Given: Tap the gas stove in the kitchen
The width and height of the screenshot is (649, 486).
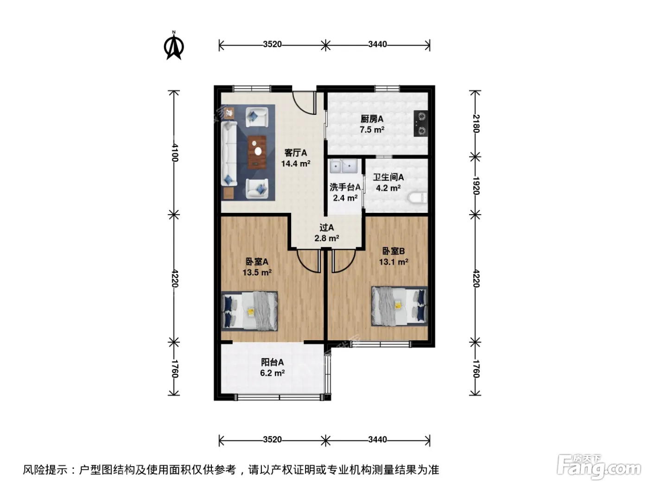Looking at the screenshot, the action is [x=421, y=123].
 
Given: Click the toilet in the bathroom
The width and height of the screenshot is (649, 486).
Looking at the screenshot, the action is [x=418, y=198].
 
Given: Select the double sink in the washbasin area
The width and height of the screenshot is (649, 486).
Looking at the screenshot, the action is [x=344, y=166].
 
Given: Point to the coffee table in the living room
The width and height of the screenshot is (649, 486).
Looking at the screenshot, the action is [x=257, y=152].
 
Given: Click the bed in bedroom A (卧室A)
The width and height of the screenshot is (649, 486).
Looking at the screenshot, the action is [x=249, y=311].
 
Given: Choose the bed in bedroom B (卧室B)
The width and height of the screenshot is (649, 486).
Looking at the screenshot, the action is [x=400, y=306].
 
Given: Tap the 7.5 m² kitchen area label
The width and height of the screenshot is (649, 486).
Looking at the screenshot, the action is [x=372, y=130].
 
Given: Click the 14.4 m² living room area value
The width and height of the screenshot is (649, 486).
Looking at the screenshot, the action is [x=296, y=163].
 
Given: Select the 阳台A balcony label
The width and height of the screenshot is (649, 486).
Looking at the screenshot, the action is [x=272, y=362].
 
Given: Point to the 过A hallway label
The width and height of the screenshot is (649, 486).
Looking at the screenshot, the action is [x=327, y=228].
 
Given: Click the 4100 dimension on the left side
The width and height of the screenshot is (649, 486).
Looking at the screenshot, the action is [x=175, y=153].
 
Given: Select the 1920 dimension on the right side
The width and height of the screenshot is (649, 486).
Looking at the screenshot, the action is [x=476, y=186].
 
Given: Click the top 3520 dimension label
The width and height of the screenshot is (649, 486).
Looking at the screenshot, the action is [x=272, y=44].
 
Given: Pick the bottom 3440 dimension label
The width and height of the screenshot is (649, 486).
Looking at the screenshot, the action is [x=377, y=440].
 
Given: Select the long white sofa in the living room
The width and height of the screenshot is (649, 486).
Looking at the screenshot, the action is [x=229, y=154].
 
